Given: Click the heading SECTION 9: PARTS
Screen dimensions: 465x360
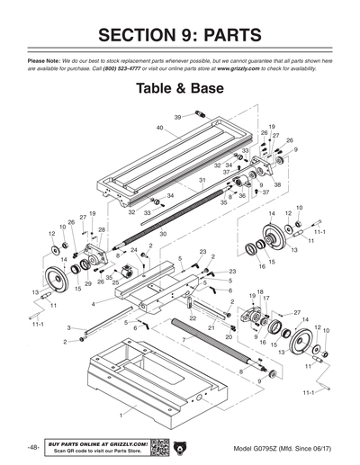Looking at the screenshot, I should (180, 35).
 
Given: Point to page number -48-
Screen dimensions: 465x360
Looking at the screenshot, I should (32, 447).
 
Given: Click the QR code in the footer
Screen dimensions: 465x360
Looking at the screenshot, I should (160, 446).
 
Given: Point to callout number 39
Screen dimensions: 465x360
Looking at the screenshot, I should (177, 116).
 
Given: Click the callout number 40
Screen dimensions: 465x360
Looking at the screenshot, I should (158, 128).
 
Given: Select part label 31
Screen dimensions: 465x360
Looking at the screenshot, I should (202, 181).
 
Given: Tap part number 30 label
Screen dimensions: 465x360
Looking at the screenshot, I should (162, 234).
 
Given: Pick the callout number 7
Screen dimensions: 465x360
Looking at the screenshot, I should (183, 341).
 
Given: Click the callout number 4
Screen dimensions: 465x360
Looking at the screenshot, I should (93, 304).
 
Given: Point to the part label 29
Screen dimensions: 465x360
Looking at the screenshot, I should (87, 283).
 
